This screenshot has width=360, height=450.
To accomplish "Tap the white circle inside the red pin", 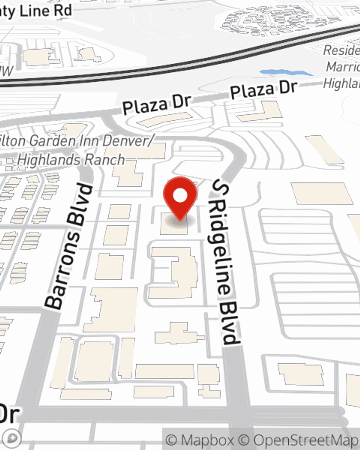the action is tap(180, 196).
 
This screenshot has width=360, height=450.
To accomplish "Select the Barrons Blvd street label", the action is tap(68, 247).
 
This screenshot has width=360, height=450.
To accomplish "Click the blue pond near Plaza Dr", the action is tap(286, 73).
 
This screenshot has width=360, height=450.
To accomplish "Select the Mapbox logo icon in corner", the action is tap(13, 438).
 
